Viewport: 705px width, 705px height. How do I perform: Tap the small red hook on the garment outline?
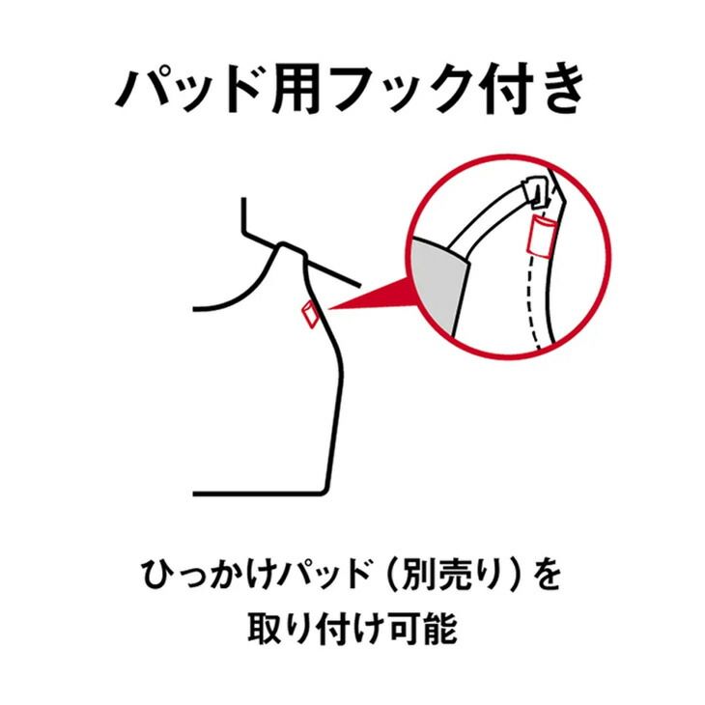(311, 313)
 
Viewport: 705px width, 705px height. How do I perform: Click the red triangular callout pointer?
(367, 299)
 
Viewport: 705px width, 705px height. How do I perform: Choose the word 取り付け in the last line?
(308, 629)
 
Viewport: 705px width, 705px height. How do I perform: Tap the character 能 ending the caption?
(440, 629)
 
